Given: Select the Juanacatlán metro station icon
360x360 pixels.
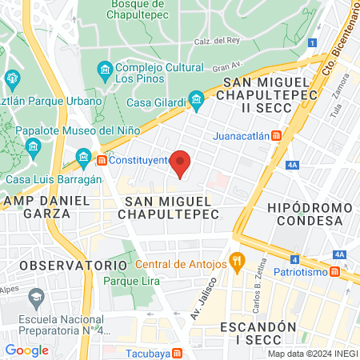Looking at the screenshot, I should coord(276,136).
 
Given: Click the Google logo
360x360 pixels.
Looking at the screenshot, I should coord(27,350).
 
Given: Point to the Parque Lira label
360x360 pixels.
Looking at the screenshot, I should coord(132,282).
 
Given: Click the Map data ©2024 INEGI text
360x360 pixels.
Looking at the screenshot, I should coord(312,354).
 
